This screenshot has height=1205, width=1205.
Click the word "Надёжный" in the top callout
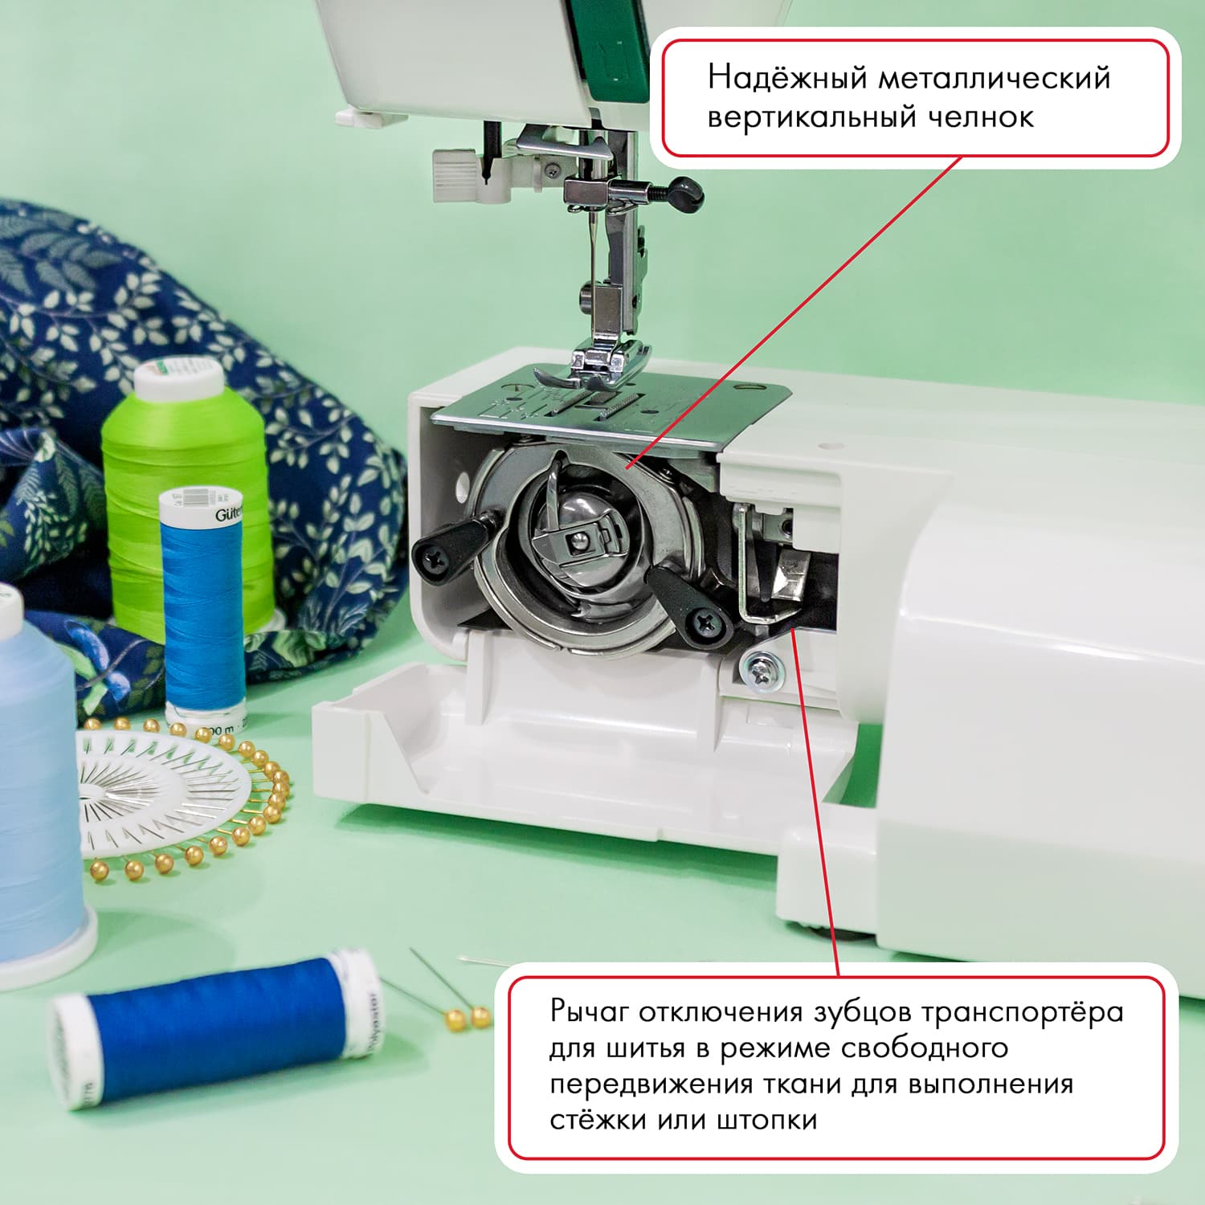787,78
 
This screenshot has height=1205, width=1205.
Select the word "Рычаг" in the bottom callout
589,1012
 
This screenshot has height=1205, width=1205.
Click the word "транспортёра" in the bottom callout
1021,1012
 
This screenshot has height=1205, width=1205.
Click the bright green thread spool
185,498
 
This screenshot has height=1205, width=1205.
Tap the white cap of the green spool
179,380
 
